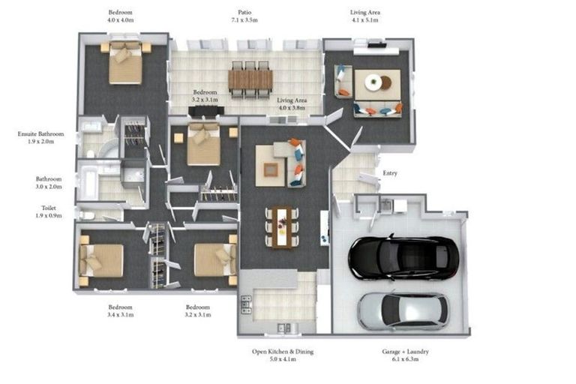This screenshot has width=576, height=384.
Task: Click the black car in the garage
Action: [x=403, y=256]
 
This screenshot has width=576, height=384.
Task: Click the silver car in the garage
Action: [x=403, y=310]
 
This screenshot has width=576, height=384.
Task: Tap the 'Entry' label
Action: [x=390, y=173]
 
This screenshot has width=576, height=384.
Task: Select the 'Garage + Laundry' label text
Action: [x=405, y=352]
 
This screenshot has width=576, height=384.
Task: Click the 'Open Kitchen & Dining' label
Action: [x=283, y=352]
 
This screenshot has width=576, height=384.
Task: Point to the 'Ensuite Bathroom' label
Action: [x=40, y=134]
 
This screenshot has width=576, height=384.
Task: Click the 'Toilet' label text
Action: [x=49, y=208]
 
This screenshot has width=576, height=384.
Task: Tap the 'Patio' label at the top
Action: [x=244, y=13]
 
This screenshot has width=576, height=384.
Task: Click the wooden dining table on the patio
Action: [x=250, y=79]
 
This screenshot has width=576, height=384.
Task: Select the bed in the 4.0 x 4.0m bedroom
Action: [x=125, y=63]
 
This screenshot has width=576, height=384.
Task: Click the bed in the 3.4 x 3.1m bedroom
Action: [x=101, y=260]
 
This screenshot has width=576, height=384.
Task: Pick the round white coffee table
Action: [x=373, y=82]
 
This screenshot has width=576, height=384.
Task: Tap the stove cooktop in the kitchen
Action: [x=246, y=304]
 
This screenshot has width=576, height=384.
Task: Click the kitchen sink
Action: [x=283, y=327]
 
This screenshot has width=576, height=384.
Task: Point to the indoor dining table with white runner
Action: [x=282, y=228]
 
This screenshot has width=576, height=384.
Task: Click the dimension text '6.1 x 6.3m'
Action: [x=405, y=359]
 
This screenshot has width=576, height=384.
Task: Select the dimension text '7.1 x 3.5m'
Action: [x=244, y=20]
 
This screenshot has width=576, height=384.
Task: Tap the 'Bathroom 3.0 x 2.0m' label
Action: [x=49, y=183]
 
